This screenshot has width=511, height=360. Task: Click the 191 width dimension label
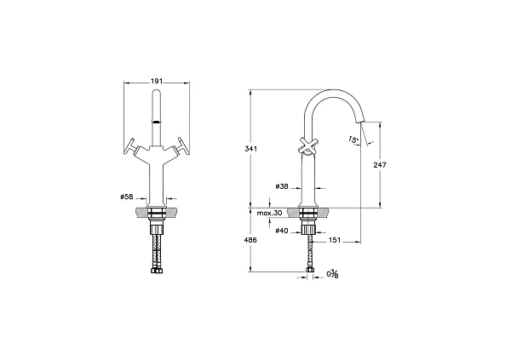point(157,82)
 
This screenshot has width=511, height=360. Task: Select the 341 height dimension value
point(251,149)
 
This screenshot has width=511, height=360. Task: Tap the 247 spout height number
point(380,165)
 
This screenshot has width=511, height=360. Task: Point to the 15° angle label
point(353,140)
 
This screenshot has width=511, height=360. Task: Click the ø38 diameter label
point(282,186)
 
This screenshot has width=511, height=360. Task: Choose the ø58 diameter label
point(127,197)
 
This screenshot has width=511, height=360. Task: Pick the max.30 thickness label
point(269,213)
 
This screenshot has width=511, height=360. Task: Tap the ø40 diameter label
point(282,231)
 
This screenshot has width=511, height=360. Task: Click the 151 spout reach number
point(335,241)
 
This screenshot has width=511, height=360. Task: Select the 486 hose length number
point(251,241)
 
